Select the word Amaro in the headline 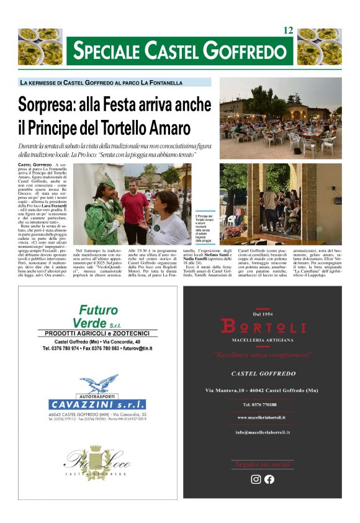coord(168,129)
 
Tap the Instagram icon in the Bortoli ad coord(256,479)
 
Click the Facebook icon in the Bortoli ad coord(269,479)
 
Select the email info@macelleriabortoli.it coord(263,432)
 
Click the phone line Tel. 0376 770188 coord(263,404)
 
